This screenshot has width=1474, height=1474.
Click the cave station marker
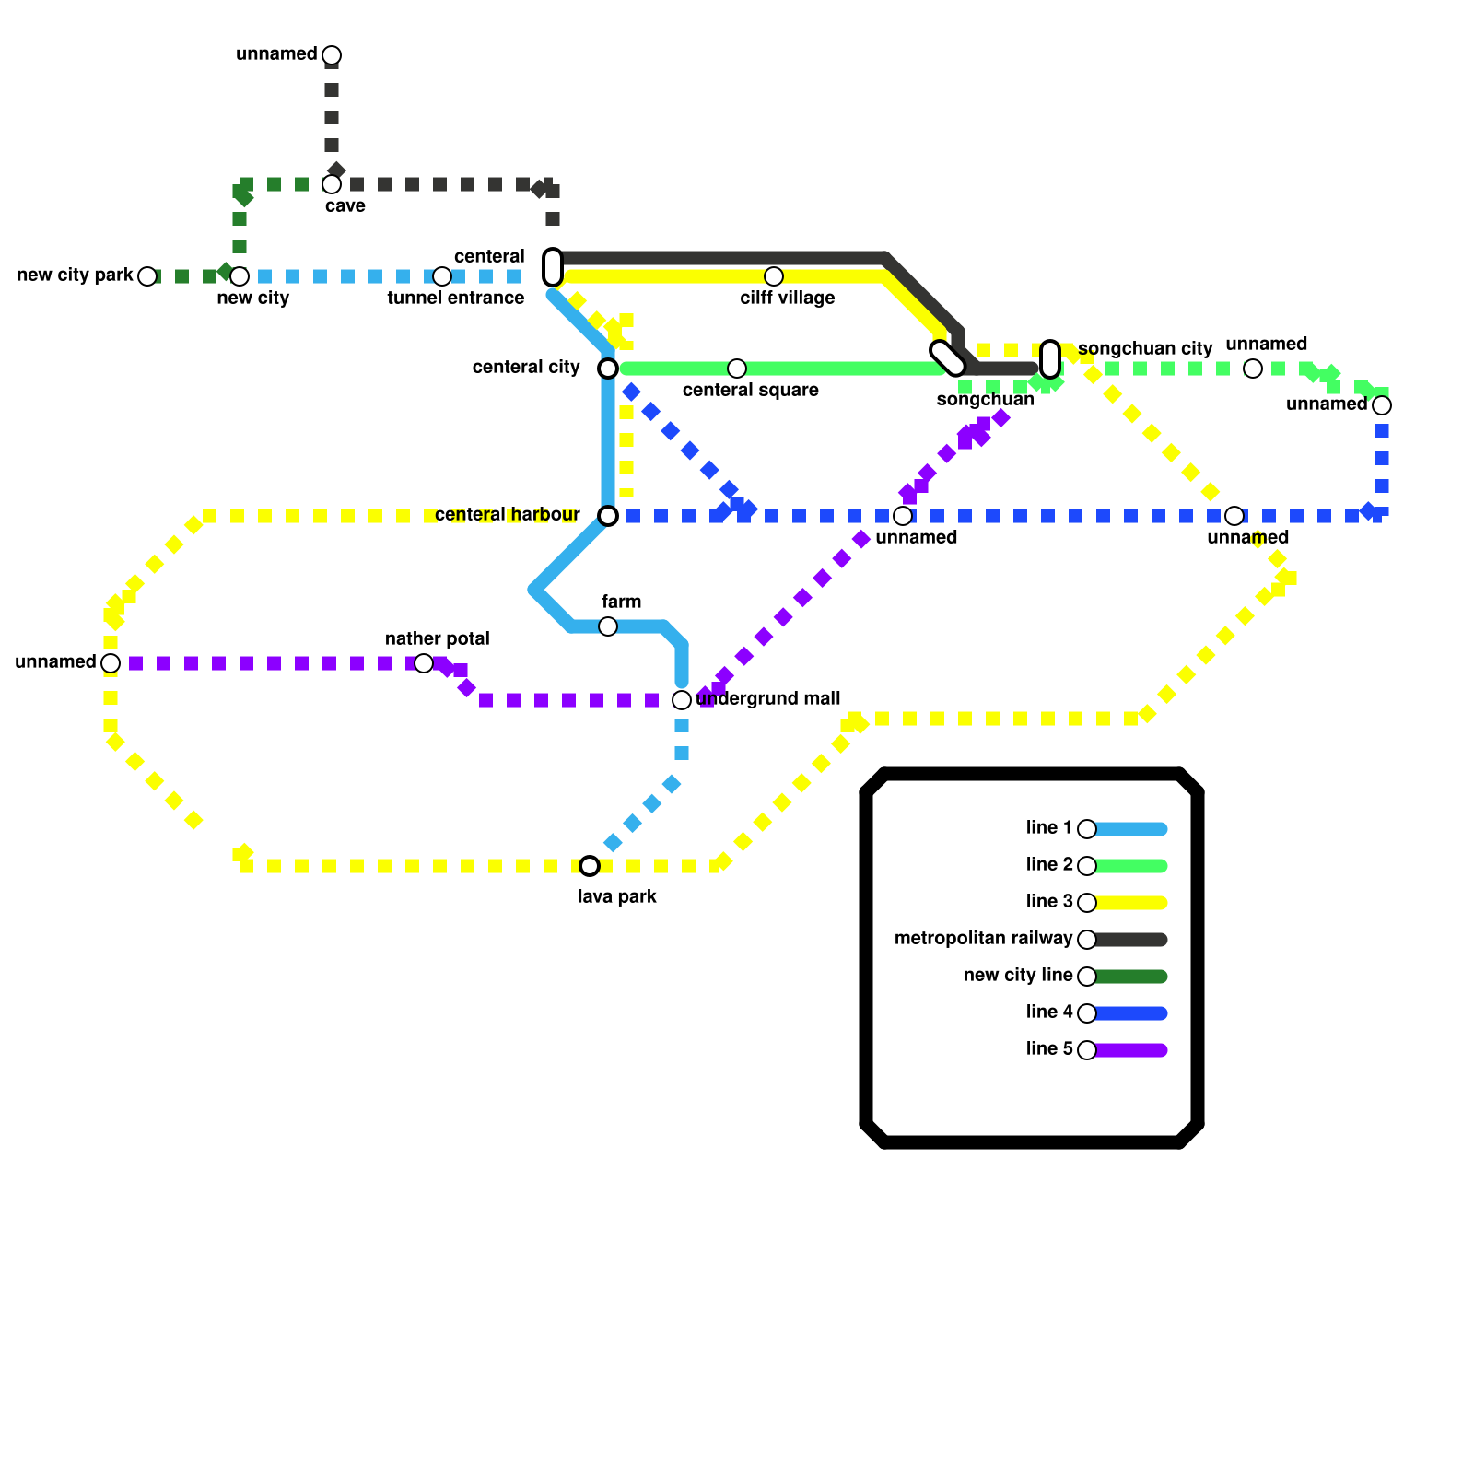tap(332, 184)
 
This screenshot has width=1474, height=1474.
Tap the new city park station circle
tap(147, 276)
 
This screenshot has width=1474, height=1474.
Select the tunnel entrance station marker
tap(442, 276)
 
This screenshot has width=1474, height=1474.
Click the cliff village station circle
tap(774, 276)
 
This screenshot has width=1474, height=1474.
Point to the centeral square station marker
tap(737, 368)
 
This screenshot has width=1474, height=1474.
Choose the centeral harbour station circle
tap(608, 516)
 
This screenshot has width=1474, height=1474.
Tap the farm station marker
tap(608, 626)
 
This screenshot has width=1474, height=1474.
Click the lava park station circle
tap(590, 866)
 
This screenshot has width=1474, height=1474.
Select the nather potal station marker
tap(424, 663)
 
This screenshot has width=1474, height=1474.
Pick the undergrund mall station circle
tap(682, 700)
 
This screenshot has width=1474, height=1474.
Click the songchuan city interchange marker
tap(1050, 359)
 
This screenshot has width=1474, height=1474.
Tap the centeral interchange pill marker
tap(553, 267)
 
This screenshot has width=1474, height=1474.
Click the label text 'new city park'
tap(76, 275)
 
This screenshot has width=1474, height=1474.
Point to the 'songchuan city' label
tap(1145, 349)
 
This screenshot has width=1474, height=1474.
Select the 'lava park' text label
tap(617, 897)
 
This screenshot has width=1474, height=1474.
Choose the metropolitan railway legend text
tap(983, 939)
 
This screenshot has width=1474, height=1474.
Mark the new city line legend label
tap(1018, 976)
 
